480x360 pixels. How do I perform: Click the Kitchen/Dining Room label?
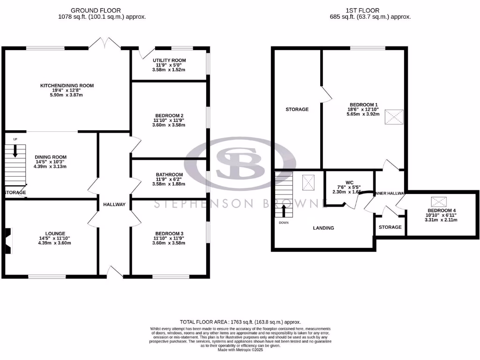pyautogui.click(x=67, y=86)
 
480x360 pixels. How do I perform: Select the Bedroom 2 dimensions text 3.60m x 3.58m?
pyautogui.click(x=169, y=125)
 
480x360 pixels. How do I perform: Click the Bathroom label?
pyautogui.click(x=169, y=174)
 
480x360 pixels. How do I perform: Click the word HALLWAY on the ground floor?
pyautogui.click(x=114, y=204)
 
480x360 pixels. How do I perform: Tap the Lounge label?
pyautogui.click(x=55, y=233)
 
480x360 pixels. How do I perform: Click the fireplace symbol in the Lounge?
pyautogui.click(x=8, y=241)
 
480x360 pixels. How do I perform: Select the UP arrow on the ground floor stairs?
pyautogui.click(x=15, y=150)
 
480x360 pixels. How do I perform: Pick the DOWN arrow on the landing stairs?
pyautogui.click(x=284, y=210)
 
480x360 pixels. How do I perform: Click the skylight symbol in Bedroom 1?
pyautogui.click(x=394, y=117)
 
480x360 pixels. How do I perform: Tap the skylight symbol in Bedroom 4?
pyautogui.click(x=439, y=202)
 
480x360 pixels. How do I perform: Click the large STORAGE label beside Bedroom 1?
pyautogui.click(x=297, y=109)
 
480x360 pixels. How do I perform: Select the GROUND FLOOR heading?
pyautogui.click(x=95, y=10)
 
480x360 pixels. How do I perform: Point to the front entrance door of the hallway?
pyautogui.click(x=114, y=271)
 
